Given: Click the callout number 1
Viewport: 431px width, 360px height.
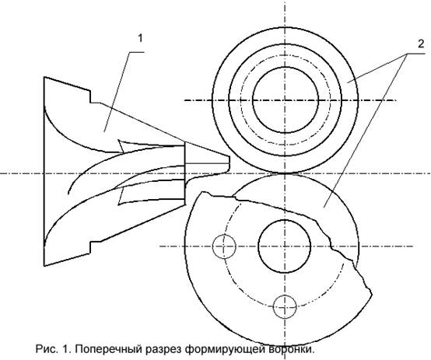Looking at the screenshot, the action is [x=141, y=38].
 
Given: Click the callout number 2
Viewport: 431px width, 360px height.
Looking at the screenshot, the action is [x=421, y=44].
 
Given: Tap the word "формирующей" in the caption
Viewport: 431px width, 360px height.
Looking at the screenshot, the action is [x=225, y=350].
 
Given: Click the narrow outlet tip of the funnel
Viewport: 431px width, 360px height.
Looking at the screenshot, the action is [x=229, y=164].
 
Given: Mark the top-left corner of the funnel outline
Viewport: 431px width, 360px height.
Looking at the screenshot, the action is [x=44, y=77].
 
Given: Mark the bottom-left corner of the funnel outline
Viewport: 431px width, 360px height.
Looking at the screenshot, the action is [x=44, y=266].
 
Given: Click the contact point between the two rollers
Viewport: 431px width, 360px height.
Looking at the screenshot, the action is [x=286, y=173].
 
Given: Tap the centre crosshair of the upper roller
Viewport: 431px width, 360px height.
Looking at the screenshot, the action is [x=286, y=100].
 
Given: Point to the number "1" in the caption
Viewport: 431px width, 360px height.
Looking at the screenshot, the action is [x=65, y=349].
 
